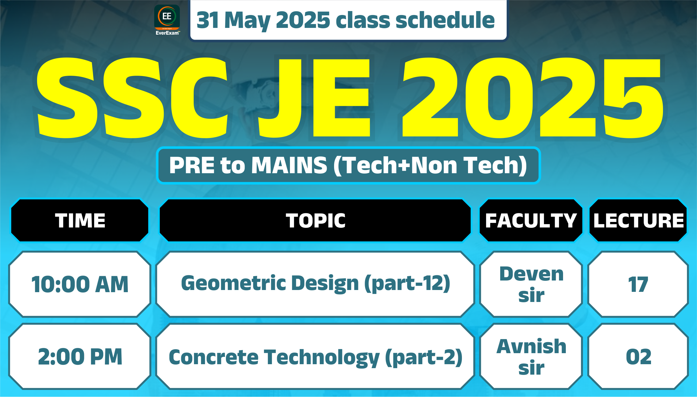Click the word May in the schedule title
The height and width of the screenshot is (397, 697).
(x=247, y=21)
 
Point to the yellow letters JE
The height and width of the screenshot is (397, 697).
(x=314, y=97)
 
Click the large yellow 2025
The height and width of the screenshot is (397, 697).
(x=533, y=97)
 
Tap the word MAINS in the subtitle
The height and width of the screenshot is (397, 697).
(x=289, y=165)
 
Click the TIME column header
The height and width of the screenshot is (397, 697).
(x=80, y=220)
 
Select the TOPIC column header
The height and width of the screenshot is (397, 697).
(x=315, y=220)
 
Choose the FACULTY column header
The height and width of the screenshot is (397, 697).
(x=531, y=220)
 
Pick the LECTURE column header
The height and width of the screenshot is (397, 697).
(x=638, y=220)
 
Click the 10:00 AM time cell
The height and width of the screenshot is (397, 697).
(x=80, y=284)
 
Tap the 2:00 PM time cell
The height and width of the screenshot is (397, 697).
(x=80, y=357)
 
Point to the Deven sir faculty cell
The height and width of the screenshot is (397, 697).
(x=531, y=284)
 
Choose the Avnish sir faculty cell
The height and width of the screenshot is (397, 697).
(x=531, y=357)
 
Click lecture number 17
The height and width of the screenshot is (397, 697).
(x=638, y=284)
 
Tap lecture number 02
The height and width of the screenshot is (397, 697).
(x=638, y=357)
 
